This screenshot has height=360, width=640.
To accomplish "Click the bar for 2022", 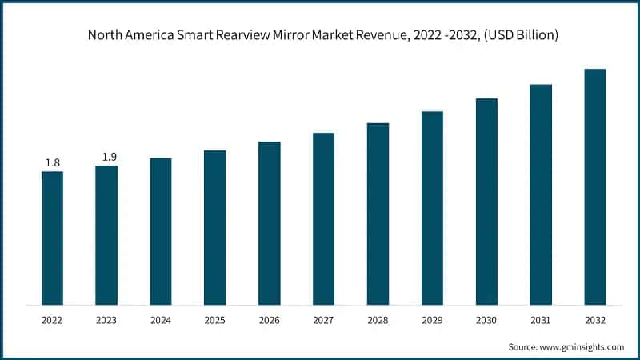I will coord(52,238).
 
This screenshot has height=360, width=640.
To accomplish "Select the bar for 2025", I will coord(214,227).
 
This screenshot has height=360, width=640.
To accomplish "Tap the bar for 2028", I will coord(378,214).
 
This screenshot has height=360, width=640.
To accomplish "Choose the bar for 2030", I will coord(486,201).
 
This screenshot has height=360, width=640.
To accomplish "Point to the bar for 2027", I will coord(323,218).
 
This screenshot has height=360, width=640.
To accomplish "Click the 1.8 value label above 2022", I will coord(52,163).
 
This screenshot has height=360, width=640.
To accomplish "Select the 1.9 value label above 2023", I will coord(106,157).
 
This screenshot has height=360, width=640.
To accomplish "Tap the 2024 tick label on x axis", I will coord(161,320).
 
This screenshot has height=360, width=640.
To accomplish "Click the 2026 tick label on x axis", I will coord(270,320).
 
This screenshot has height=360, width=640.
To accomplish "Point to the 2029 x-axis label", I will coord(432,320).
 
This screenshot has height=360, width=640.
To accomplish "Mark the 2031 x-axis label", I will coord(541,320).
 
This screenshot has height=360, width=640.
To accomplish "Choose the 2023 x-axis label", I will coord(106,320).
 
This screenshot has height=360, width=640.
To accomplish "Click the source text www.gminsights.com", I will coord(581,346).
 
